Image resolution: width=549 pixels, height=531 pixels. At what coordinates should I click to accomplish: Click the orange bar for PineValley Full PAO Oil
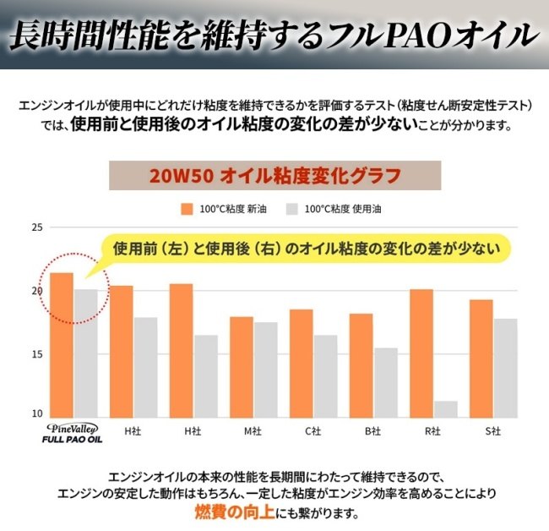tap(62, 345)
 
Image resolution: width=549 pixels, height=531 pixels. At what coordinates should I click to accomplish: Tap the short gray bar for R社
tap(445, 409)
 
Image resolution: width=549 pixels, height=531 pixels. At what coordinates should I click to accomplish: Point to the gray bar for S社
tap(505, 368)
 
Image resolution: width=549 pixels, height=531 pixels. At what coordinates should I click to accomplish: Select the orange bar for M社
tap(242, 367)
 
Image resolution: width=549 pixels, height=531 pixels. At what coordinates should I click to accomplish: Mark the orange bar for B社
tap(361, 365)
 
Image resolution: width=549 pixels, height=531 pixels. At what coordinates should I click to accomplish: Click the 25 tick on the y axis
tap(36, 228)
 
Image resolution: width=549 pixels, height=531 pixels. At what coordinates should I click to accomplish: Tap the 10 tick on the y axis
tap(36, 413)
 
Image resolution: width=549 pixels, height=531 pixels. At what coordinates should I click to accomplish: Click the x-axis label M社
tap(253, 432)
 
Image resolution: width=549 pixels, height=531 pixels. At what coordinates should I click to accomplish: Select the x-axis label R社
tap(433, 432)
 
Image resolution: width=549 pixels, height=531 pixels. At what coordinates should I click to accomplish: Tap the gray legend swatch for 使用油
tap(293, 209)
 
